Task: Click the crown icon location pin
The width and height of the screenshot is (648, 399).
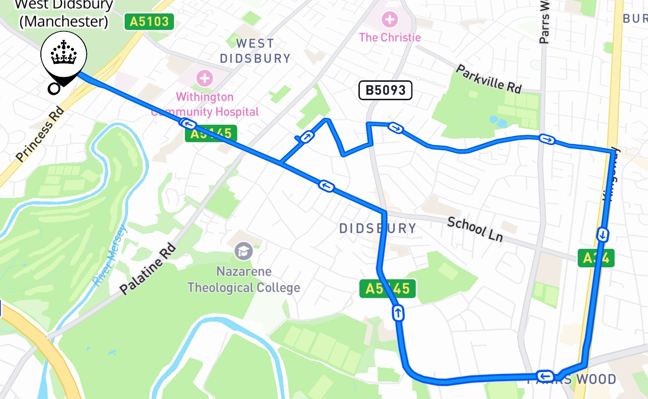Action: (x=64, y=56)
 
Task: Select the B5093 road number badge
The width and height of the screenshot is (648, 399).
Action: (x=385, y=90)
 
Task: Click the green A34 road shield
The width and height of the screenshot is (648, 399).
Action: (x=596, y=258)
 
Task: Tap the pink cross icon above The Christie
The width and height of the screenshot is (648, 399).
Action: (x=389, y=20)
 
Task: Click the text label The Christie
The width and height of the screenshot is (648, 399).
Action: (x=390, y=37)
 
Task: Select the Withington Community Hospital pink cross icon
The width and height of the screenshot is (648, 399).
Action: (x=204, y=78)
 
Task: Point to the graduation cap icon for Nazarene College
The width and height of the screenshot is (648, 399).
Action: (x=244, y=250)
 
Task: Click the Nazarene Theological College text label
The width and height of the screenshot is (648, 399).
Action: (x=244, y=280)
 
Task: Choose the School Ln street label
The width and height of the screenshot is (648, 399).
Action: (x=475, y=229)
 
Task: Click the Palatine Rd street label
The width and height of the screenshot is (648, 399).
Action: (x=148, y=268)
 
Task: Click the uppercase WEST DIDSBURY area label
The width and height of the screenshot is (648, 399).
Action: (x=255, y=51)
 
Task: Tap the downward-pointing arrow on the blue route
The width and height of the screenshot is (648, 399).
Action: (x=603, y=234)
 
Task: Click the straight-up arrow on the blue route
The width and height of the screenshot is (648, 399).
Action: (x=398, y=313)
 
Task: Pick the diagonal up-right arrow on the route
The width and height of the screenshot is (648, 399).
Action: (x=306, y=137)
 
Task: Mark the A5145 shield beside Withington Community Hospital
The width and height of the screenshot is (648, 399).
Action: (x=211, y=133)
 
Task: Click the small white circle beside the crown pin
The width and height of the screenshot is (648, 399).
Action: (x=53, y=89)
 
